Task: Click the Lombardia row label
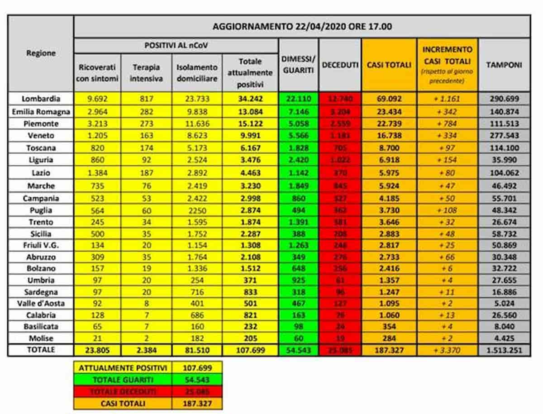tap(41, 98)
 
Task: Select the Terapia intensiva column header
tap(146, 72)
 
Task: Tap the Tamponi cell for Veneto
tap(504, 136)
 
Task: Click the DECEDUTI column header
tap(340, 65)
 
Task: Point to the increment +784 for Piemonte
tap(447, 123)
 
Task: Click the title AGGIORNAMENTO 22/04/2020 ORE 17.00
tap(302, 27)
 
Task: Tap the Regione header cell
tap(41, 53)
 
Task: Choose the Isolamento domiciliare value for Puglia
tap(197, 210)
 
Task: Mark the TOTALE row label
tap(41, 350)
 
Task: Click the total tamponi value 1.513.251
tap(504, 350)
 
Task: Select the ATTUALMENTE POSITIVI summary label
tap(123, 368)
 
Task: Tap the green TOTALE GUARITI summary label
tap(123, 380)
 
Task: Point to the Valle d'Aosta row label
tap(41, 303)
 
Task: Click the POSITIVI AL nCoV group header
tap(176, 46)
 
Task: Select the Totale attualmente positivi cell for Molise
tap(250, 338)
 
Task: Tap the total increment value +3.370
tap(447, 350)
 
